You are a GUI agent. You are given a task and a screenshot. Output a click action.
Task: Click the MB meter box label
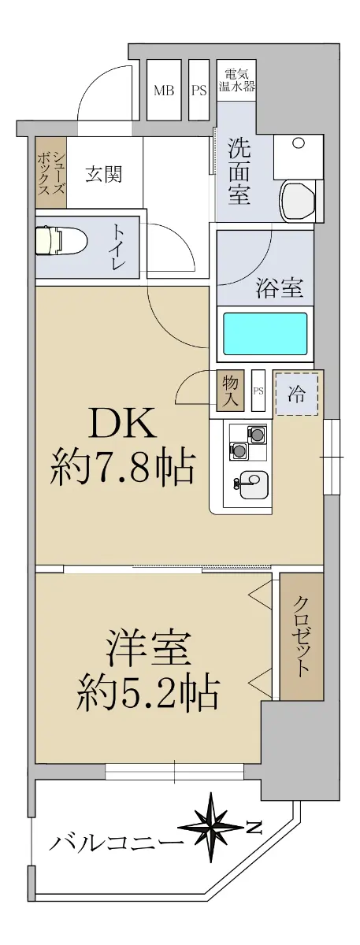point(164,90)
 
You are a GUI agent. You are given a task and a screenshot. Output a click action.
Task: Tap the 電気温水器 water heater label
point(237,80)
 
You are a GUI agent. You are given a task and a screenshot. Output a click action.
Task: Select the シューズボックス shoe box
point(51,172)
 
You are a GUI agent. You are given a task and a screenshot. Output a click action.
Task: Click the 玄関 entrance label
point(104,174)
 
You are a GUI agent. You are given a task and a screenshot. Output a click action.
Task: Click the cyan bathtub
point(265,333)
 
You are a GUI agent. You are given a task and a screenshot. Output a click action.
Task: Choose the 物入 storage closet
point(230,391)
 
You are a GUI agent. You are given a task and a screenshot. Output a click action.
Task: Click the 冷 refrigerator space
point(297,394)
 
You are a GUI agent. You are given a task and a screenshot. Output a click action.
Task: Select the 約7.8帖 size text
point(121,468)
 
